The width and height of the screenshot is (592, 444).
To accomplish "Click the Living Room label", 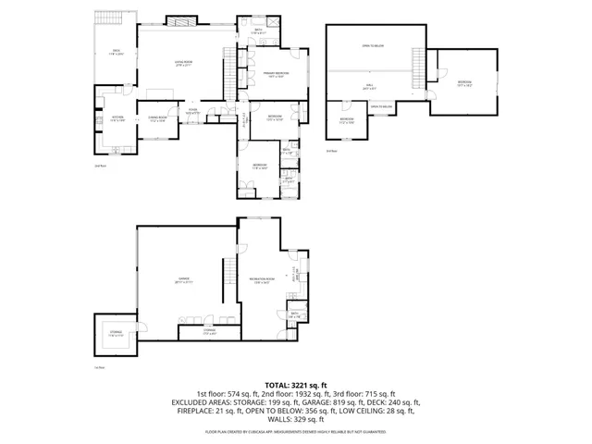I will pos(181,64).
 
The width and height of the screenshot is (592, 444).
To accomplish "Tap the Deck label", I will pos(117,52).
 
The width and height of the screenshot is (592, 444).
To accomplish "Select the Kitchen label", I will pos(117,118).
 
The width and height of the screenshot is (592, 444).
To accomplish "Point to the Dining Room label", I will pos(157,118).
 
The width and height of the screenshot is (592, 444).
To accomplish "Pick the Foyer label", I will pos(193,112).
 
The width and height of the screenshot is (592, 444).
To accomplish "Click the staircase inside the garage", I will pos(225,272).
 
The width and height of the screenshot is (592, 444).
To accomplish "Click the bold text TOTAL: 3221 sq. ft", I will pos(296,385).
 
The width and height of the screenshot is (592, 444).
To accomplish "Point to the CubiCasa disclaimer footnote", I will pos(296,431).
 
